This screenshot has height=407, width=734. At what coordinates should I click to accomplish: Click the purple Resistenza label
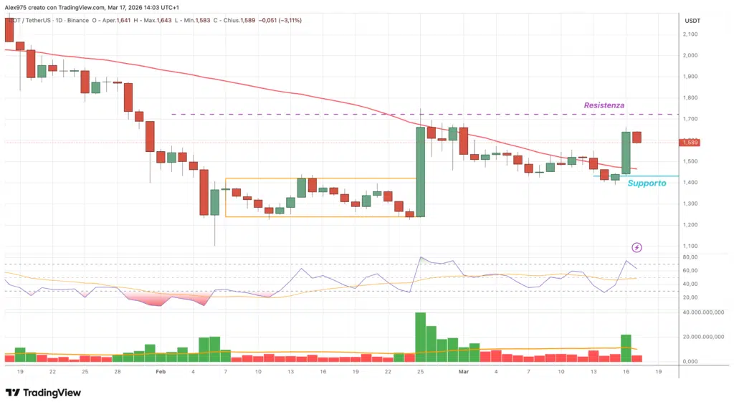(x=604, y=105)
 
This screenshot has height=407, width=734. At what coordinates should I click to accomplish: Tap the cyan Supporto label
(x=647, y=183)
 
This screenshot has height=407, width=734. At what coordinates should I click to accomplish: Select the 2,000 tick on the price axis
(x=691, y=55)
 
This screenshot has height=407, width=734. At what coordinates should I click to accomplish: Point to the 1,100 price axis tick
(x=691, y=246)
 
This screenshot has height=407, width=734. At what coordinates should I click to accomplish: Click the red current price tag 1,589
(x=691, y=143)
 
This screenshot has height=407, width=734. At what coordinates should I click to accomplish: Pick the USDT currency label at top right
(x=692, y=20)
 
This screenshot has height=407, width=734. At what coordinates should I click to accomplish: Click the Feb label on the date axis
(x=161, y=372)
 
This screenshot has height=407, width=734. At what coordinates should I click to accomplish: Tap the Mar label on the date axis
(x=463, y=372)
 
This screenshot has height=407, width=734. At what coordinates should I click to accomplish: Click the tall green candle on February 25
(x=421, y=172)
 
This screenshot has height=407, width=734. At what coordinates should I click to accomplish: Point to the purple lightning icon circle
(x=637, y=247)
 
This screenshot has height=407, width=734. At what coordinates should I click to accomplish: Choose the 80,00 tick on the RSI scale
(x=690, y=257)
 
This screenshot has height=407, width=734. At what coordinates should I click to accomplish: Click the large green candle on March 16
(x=626, y=153)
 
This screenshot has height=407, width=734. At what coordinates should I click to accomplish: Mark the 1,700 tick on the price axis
(x=691, y=119)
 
